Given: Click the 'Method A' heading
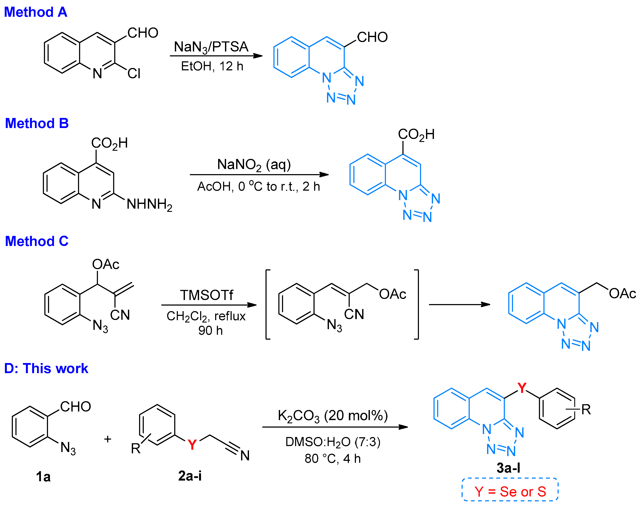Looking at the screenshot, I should click(35, 12).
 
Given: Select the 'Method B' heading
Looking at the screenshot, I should click(37, 123).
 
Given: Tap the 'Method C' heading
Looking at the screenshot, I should click(37, 241).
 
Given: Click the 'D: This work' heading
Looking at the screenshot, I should click(46, 368).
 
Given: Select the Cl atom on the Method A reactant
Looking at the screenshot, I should click(134, 73).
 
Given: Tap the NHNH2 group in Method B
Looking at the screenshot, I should click(149, 204).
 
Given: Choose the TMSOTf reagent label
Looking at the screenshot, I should click(207, 295).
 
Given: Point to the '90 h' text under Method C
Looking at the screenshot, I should click(210, 331).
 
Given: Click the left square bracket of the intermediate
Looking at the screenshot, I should click(267, 304).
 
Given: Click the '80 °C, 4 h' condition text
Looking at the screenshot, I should click(333, 459).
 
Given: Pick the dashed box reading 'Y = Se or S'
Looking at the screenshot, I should click(510, 492).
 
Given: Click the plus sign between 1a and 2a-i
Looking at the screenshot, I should click(108, 439).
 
